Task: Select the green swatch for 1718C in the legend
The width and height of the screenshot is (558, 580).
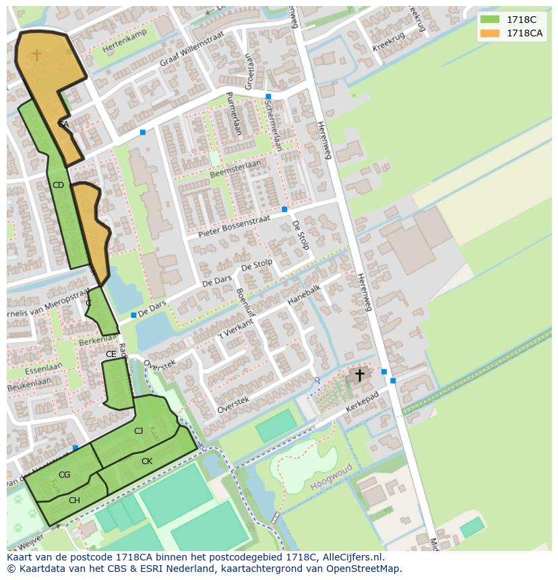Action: pyautogui.click(x=490, y=20)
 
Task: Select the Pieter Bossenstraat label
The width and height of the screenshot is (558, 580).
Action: pyautogui.click(x=235, y=226)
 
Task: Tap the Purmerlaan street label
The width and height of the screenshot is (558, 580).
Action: pyautogui.click(x=233, y=113)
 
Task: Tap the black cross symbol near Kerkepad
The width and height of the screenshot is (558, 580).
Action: pyautogui.click(x=360, y=375)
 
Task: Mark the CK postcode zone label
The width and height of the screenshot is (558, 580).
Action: pyautogui.click(x=146, y=461)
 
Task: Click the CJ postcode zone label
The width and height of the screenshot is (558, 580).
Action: pyautogui.click(x=138, y=431)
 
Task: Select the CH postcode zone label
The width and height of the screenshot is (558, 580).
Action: pyautogui.click(x=74, y=500)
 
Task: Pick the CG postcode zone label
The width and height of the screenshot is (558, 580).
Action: pyautogui.click(x=64, y=475)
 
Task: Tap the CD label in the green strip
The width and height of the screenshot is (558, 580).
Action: pyautogui.click(x=58, y=185)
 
